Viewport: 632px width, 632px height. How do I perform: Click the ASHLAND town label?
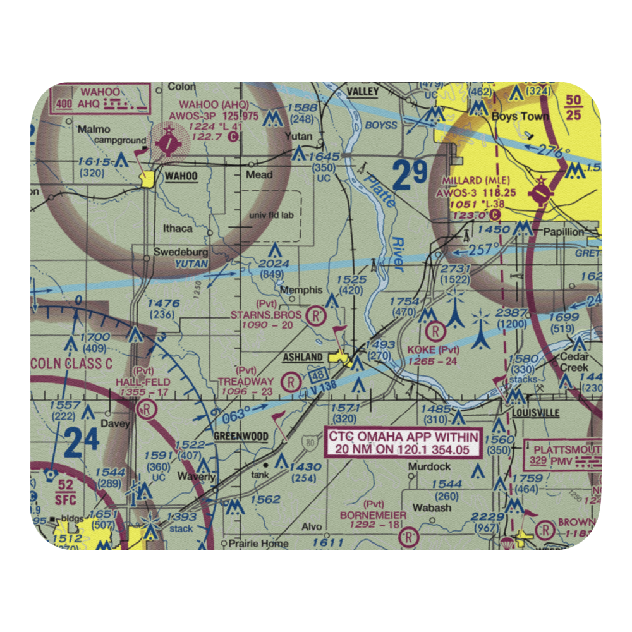(303, 358)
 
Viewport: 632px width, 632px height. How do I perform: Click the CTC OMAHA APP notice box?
(403, 442)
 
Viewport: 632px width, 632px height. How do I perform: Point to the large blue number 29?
(411, 176)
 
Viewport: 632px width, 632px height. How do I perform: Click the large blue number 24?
(81, 443)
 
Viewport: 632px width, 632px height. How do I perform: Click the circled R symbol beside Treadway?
(289, 381)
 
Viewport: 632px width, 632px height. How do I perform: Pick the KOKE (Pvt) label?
(434, 350)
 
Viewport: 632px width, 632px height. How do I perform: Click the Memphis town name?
(301, 290)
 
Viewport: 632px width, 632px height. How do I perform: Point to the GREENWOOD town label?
(240, 437)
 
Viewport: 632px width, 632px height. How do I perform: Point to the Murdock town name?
(429, 466)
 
